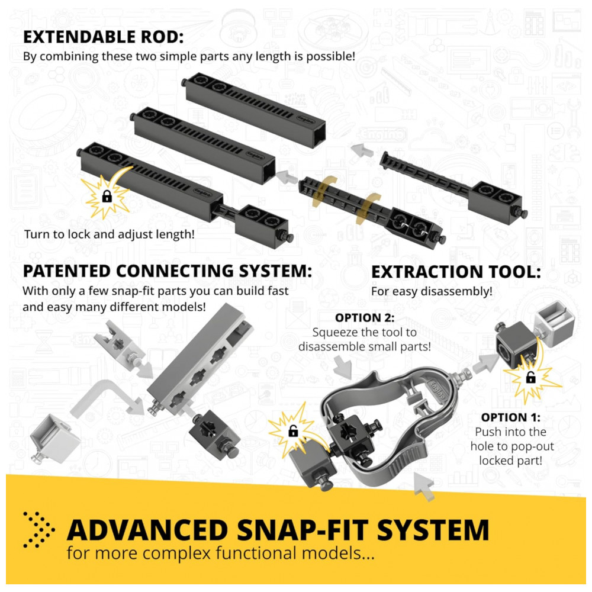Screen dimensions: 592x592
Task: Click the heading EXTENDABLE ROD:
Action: pyautogui.click(x=104, y=37)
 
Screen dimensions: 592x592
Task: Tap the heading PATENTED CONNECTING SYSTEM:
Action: pyautogui.click(x=168, y=271)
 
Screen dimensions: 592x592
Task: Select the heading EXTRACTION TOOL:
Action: pyautogui.click(x=456, y=272)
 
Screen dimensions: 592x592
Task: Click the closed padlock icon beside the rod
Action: pyautogui.click(x=107, y=197)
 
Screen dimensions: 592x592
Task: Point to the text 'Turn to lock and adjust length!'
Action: pyautogui.click(x=110, y=234)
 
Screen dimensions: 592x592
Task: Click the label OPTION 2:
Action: pyautogui.click(x=365, y=318)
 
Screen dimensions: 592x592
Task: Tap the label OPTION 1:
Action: pyautogui.click(x=510, y=417)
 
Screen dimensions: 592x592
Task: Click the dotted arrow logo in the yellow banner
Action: pyautogui.click(x=38, y=530)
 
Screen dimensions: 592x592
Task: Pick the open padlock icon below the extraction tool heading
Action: pyautogui.click(x=531, y=377)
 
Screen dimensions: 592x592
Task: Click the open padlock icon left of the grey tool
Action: pyautogui.click(x=294, y=431)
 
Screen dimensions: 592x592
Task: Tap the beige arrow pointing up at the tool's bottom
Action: pyautogui.click(x=424, y=486)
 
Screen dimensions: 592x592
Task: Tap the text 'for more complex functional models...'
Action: pyautogui.click(x=220, y=554)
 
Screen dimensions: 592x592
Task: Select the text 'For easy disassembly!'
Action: pyautogui.click(x=432, y=291)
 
